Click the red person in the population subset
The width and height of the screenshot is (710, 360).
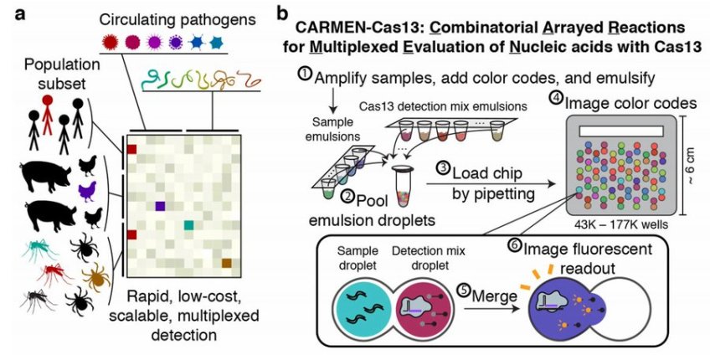pos(48,114)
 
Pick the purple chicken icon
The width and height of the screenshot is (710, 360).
pos(86,192)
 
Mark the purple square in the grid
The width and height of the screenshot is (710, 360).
pos(160,205)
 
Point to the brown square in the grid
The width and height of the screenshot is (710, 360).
pos(226,265)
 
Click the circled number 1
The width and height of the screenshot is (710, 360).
pos(306,74)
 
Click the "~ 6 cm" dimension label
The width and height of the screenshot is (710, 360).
pos(688,162)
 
